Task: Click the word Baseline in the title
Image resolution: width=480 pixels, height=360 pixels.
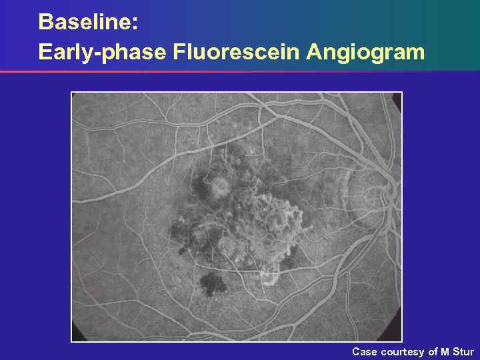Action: coord(85,21)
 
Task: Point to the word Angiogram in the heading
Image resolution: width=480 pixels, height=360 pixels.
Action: coord(365,51)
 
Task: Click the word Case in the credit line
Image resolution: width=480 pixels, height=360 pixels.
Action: coord(364,351)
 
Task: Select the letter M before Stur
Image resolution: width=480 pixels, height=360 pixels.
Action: coord(445,351)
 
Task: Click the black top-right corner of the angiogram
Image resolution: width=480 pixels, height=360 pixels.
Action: coord(397,97)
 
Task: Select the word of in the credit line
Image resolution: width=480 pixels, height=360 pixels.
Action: coord(433,351)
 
